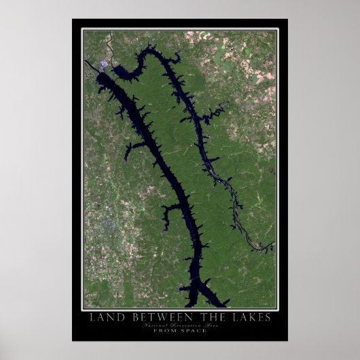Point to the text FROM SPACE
tap(179, 331)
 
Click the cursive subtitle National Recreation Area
tap(179, 325)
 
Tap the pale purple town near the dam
tap(103, 65)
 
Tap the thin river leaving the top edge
tap(107, 41)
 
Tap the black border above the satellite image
tap(179, 24)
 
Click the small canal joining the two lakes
tap(113, 68)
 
